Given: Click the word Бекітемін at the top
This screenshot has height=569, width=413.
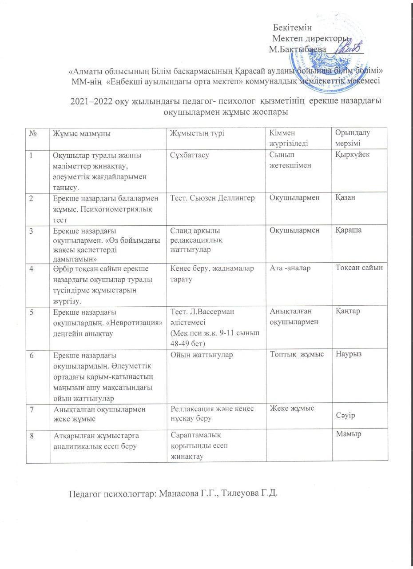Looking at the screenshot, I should tap(292, 28).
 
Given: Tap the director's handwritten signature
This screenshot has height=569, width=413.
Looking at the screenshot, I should tap(351, 47).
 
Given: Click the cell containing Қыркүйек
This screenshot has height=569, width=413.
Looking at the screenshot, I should tap(352, 154).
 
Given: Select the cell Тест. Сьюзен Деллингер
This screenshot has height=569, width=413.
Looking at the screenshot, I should tap(212, 198).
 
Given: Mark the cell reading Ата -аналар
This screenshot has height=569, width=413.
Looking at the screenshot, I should tap(290, 267).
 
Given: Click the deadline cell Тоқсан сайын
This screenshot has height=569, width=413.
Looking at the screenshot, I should tap(359, 267).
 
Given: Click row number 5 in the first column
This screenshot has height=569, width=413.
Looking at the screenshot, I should tap(32, 311).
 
